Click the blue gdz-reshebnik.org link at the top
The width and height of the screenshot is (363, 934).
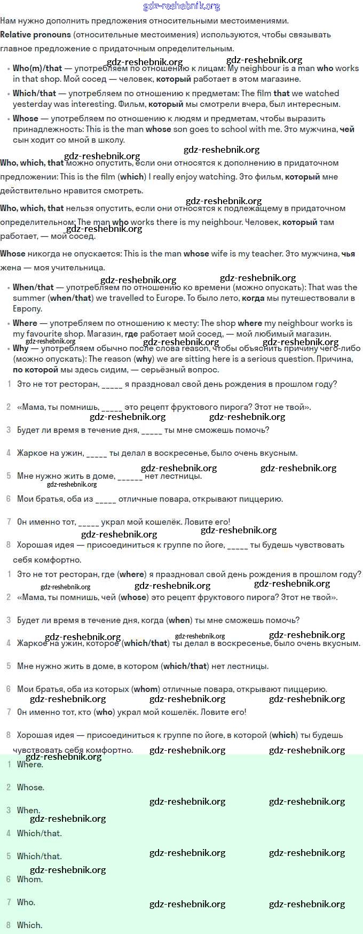pos(181,6)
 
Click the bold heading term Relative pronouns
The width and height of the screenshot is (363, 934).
pos(35,35)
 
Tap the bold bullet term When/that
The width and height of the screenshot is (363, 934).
pos(33,287)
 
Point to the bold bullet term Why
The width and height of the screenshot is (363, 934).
pos(20,348)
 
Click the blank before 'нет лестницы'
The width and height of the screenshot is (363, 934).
pos(130,476)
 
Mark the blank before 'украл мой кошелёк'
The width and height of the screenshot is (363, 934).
pos(89,522)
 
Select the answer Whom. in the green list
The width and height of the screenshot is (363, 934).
pos(30,879)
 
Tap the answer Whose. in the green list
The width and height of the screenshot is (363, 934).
pos(30,787)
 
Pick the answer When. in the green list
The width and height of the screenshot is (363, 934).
pos(28,810)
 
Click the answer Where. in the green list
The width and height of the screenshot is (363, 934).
pos(30,764)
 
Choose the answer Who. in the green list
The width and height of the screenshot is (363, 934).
pos(26,902)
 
